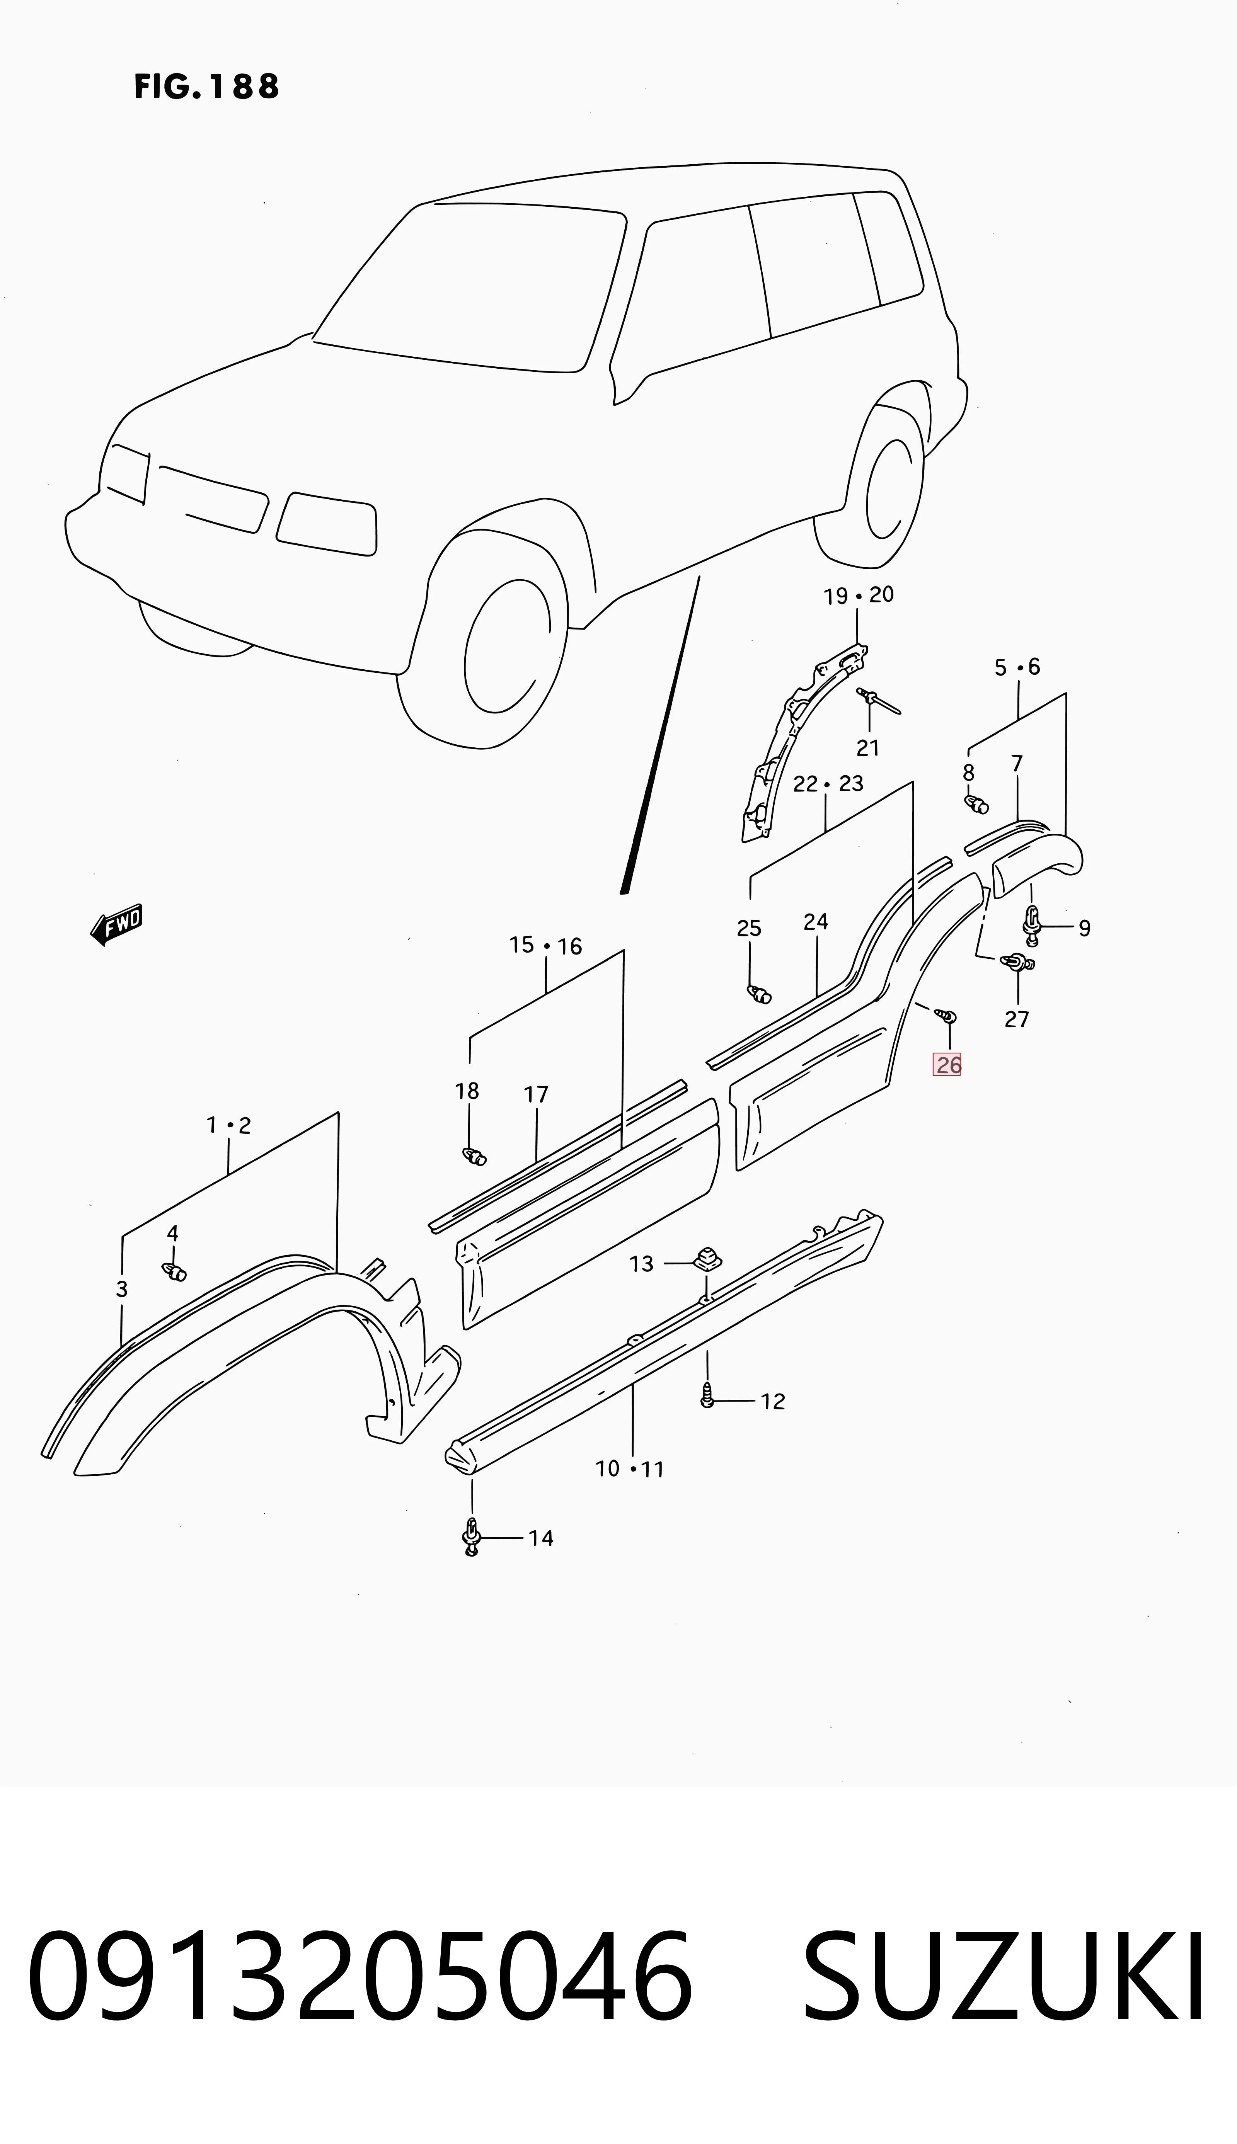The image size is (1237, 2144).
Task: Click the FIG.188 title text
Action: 206,87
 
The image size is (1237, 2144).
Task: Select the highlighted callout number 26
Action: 947,1064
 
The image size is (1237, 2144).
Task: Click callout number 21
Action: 867,747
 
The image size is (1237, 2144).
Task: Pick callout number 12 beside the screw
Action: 772,1401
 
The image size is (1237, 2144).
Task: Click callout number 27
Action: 1017,1019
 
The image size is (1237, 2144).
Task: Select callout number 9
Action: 1084,928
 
